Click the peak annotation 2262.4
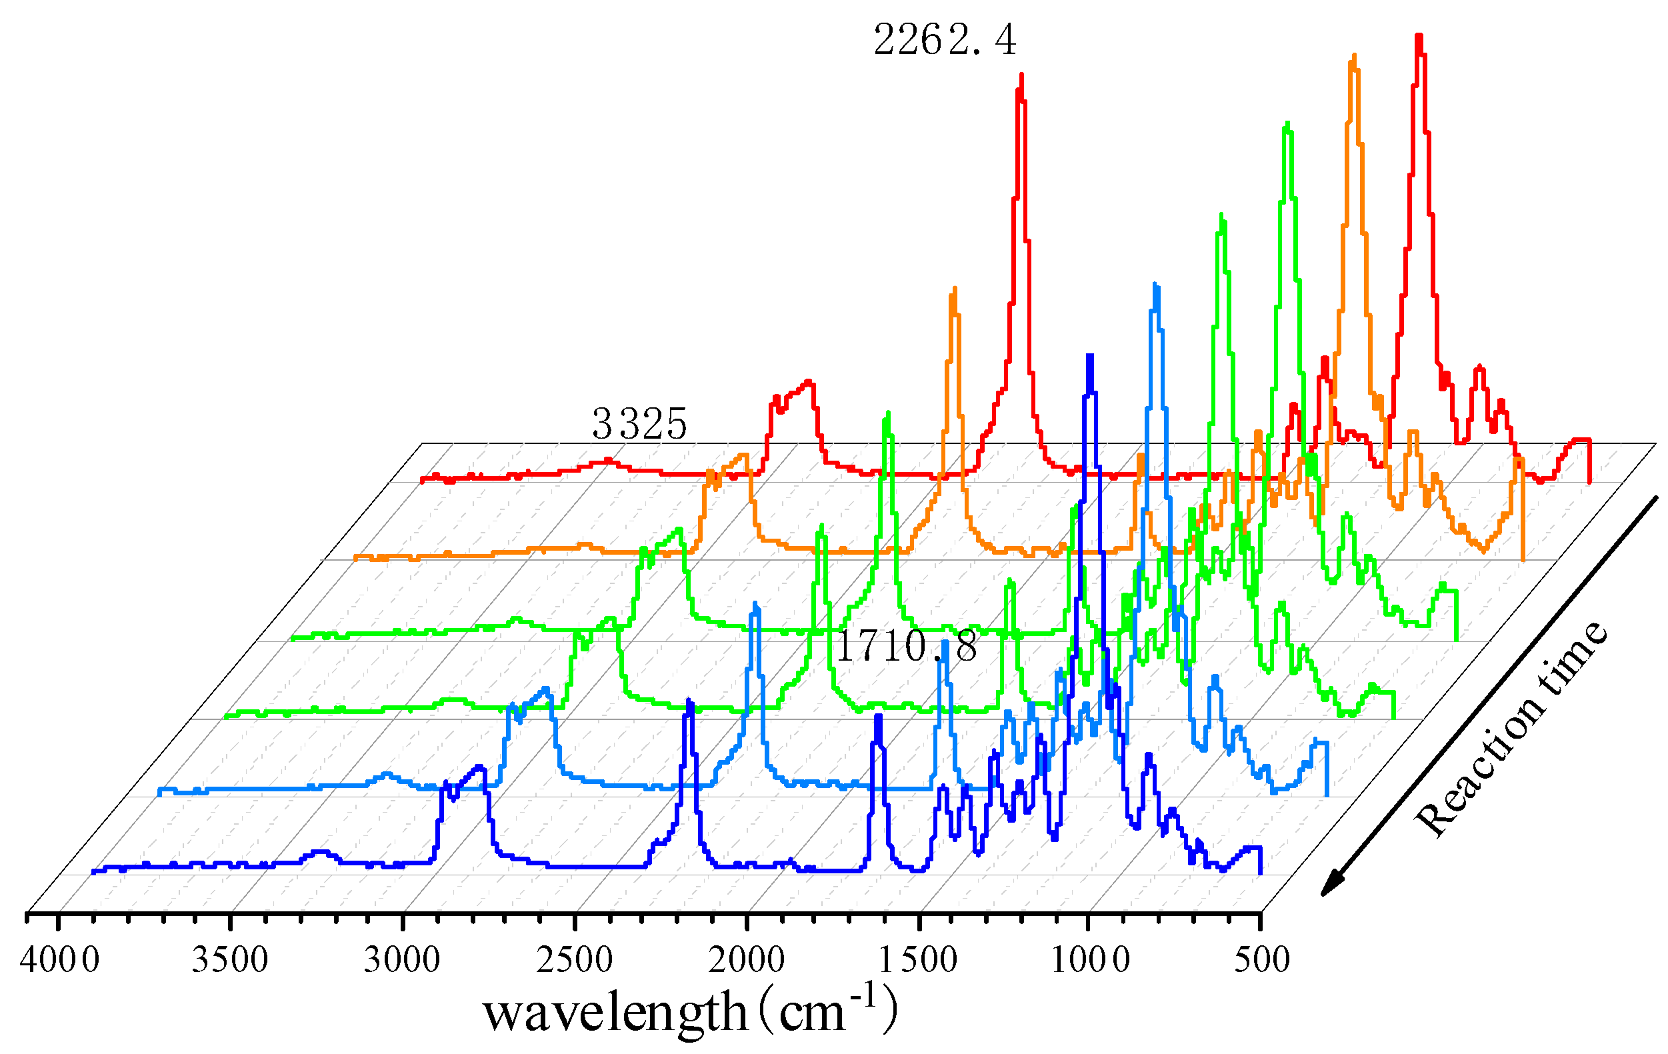click(945, 40)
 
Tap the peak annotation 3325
click(639, 424)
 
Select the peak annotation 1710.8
click(907, 647)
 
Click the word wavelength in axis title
click(615, 1013)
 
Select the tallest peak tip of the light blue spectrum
click(1155, 285)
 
